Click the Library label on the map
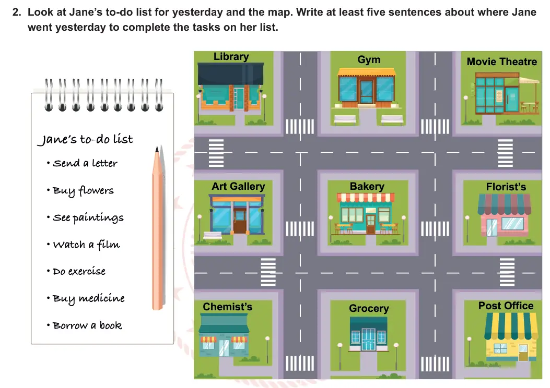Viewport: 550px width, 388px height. pyautogui.click(x=231, y=57)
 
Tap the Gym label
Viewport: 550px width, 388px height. pyautogui.click(x=369, y=59)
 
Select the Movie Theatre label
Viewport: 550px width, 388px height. pyautogui.click(x=501, y=62)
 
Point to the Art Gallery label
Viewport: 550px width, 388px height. pyautogui.click(x=238, y=186)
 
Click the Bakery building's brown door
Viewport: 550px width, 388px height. pyautogui.click(x=370, y=224)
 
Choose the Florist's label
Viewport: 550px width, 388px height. pyautogui.click(x=506, y=187)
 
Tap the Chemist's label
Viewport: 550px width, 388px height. pyautogui.click(x=227, y=307)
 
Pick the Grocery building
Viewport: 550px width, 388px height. pyautogui.click(x=368, y=334)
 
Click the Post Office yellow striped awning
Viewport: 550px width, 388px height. pyautogui.click(x=511, y=326)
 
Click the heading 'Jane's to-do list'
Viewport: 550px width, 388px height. pyautogui.click(x=85, y=139)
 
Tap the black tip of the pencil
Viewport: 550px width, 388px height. pyautogui.click(x=157, y=149)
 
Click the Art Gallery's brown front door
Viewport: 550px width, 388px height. pyautogui.click(x=240, y=221)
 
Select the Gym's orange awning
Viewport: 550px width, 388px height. pyautogui.click(x=366, y=72)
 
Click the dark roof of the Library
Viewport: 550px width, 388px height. pyautogui.click(x=230, y=74)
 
